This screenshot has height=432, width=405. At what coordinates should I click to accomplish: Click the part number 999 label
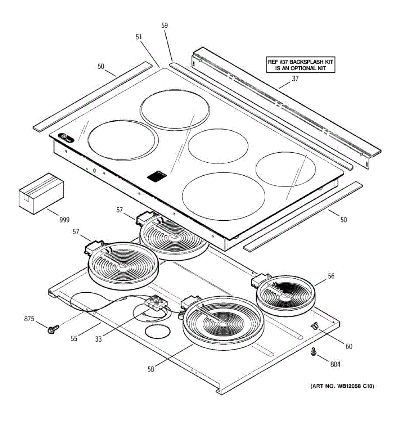[64, 220]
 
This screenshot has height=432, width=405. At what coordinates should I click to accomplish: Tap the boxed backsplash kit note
[301, 65]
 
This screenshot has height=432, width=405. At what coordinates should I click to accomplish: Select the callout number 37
[295, 79]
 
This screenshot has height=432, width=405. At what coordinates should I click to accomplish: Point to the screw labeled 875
[52, 328]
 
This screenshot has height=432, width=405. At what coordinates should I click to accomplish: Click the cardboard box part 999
[41, 193]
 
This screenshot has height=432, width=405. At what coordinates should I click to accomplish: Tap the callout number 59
[165, 26]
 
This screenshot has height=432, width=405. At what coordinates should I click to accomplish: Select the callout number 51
[139, 37]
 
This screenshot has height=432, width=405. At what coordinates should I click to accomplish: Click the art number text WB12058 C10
[342, 386]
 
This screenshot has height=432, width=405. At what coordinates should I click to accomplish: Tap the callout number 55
[74, 338]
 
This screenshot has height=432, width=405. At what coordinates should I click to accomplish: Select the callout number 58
[150, 369]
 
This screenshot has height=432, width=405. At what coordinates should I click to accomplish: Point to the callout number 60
[349, 346]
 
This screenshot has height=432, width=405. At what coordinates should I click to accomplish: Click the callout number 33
[98, 339]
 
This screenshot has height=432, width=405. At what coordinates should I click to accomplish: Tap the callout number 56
[331, 276]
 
